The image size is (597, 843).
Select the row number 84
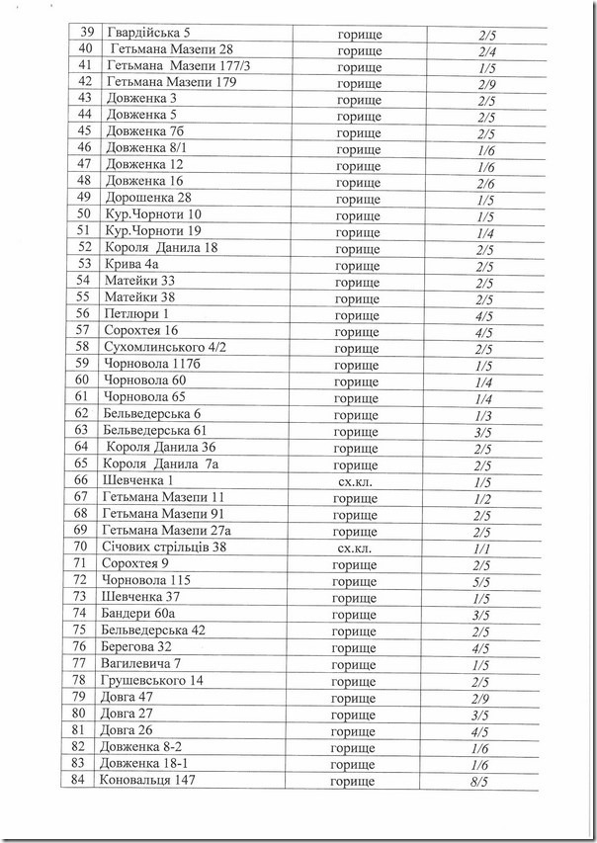83,782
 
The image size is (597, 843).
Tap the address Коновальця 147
148,782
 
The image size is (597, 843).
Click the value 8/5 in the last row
483,782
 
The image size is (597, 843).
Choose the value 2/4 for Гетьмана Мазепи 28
484,51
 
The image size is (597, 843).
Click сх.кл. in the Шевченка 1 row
357,481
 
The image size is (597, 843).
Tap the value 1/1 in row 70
483,548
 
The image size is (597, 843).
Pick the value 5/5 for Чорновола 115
483,580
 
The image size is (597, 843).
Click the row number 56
83,314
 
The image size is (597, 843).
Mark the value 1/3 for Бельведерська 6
483,414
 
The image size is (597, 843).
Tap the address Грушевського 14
152,681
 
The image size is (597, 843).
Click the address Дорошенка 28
147,199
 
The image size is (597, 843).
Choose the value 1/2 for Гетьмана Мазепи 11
483,498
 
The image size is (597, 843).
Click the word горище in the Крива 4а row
357,265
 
